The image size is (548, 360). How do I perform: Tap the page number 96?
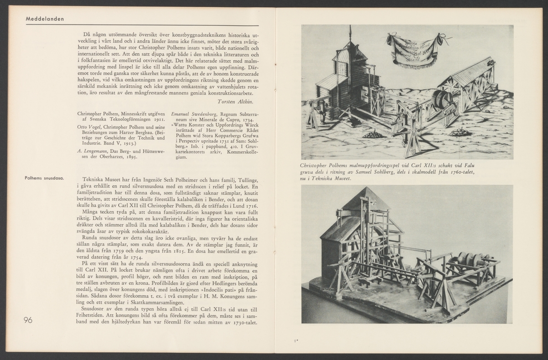coord(28,320)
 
